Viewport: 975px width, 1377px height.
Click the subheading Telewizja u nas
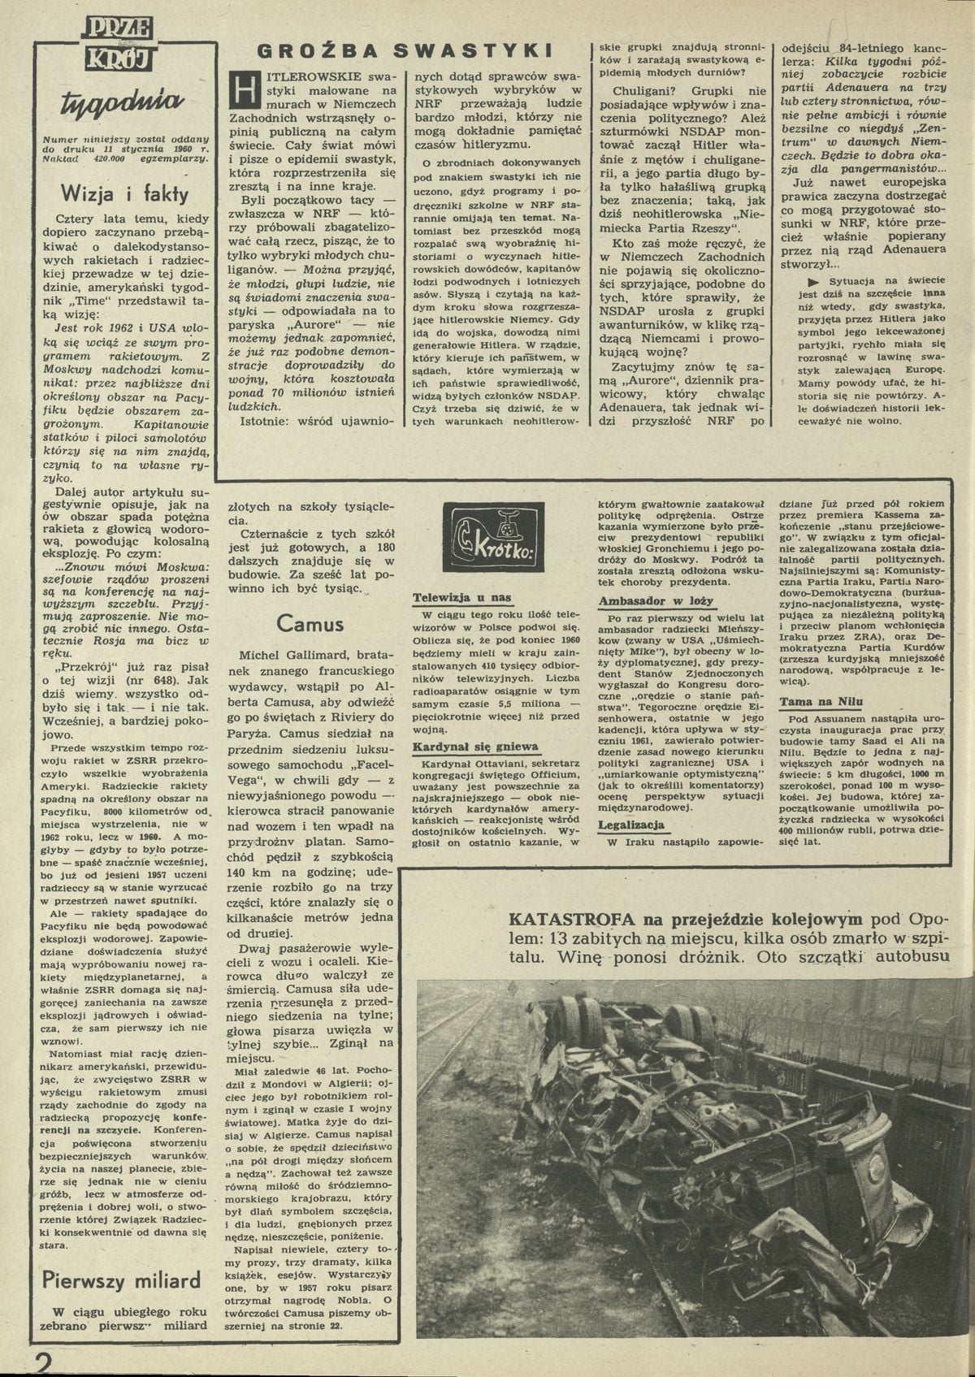(x=461, y=598)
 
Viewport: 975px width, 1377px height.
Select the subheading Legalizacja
(x=631, y=825)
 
